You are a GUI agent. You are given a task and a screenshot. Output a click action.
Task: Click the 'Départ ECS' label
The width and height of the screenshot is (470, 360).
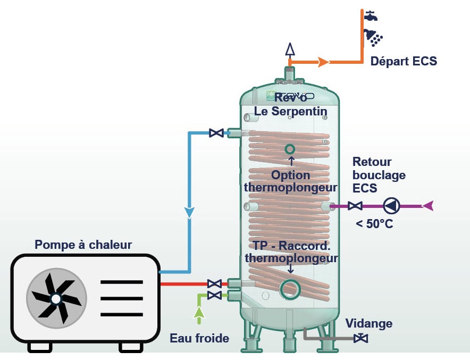point(404,61)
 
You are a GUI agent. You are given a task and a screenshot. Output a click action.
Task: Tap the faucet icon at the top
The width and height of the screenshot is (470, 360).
point(371,15)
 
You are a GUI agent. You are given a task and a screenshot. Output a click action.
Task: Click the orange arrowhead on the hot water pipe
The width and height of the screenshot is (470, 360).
point(323,62)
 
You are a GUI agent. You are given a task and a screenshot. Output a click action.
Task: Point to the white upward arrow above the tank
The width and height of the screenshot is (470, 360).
point(290,49)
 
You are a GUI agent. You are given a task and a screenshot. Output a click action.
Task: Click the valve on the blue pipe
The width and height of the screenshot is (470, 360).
point(216,132)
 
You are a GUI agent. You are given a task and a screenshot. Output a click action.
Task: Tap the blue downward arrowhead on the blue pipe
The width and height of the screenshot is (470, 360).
point(189,213)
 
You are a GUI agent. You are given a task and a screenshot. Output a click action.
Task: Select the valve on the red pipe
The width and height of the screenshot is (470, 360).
point(214,283)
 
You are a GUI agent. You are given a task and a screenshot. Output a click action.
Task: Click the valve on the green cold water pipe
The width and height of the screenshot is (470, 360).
point(214,295)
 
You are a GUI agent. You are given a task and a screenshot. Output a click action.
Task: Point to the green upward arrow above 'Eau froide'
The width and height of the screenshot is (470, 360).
point(199,315)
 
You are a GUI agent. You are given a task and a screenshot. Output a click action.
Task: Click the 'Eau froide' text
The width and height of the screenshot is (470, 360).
point(199,338)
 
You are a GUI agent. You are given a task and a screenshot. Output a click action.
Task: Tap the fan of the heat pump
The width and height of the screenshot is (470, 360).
point(56,299)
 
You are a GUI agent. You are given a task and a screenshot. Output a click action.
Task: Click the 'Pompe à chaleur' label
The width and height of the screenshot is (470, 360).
point(83,245)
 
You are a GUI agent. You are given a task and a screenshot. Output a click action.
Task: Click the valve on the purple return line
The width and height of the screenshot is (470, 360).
point(356,205)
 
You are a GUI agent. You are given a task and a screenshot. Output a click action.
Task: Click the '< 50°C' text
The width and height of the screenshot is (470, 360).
point(374,224)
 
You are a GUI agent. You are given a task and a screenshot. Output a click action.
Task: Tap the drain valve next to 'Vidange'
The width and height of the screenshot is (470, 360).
point(363,338)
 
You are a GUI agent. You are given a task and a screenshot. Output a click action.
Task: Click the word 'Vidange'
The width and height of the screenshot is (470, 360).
point(368,323)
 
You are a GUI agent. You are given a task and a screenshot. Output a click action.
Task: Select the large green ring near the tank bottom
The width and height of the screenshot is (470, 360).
point(290,288)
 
